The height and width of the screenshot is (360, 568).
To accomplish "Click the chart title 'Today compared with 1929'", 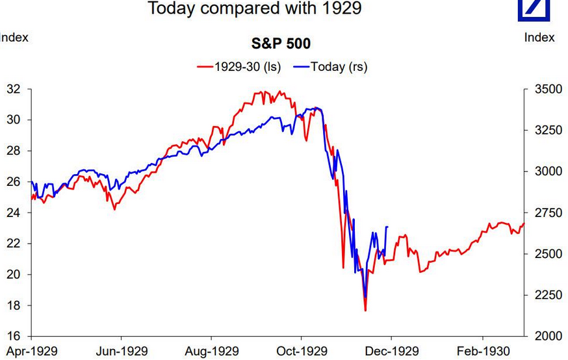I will coord(254,8).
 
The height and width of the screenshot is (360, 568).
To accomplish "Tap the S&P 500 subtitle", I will coord(281,44).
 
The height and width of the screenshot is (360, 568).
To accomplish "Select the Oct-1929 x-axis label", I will coord(301,352).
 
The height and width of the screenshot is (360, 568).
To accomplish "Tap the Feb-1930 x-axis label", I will coord(482,352).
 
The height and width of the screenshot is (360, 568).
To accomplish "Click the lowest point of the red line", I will coord(365,311).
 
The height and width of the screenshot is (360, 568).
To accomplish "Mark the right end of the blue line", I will coord(387,227).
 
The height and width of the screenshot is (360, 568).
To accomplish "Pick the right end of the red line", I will coord(524,224).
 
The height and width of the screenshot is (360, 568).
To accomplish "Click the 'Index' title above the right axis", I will coord(539,37).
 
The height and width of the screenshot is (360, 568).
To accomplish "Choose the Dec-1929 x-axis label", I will coord(391,352).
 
